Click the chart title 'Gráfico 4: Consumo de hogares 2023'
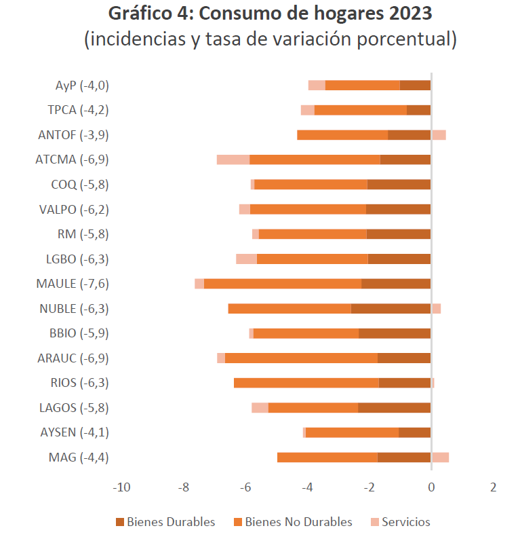pyautogui.click(x=270, y=14)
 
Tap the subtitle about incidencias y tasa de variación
pyautogui.click(x=270, y=39)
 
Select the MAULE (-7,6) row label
pyautogui.click(x=73, y=284)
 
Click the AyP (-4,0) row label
pyautogui.click(x=82, y=86)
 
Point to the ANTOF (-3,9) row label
pyautogui.click(x=74, y=135)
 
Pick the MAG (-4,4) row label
pyautogui.click(x=79, y=457)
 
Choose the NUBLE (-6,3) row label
pyautogui.click(x=74, y=309)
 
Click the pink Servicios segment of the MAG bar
pyautogui.click(x=440, y=457)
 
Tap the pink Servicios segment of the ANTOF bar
pyautogui.click(x=439, y=135)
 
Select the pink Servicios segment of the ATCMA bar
pyautogui.click(x=233, y=160)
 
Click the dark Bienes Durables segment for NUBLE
pyautogui.click(x=391, y=309)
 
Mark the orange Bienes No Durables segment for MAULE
pyautogui.click(x=283, y=284)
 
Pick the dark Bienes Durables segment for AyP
pyautogui.click(x=415, y=86)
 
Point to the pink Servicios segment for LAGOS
pyautogui.click(x=260, y=408)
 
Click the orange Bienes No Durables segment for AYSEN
pyautogui.click(x=353, y=432)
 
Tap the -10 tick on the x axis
pyautogui.click(x=121, y=487)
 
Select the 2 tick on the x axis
pyautogui.click(x=493, y=487)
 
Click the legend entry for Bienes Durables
pyautogui.click(x=165, y=522)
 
